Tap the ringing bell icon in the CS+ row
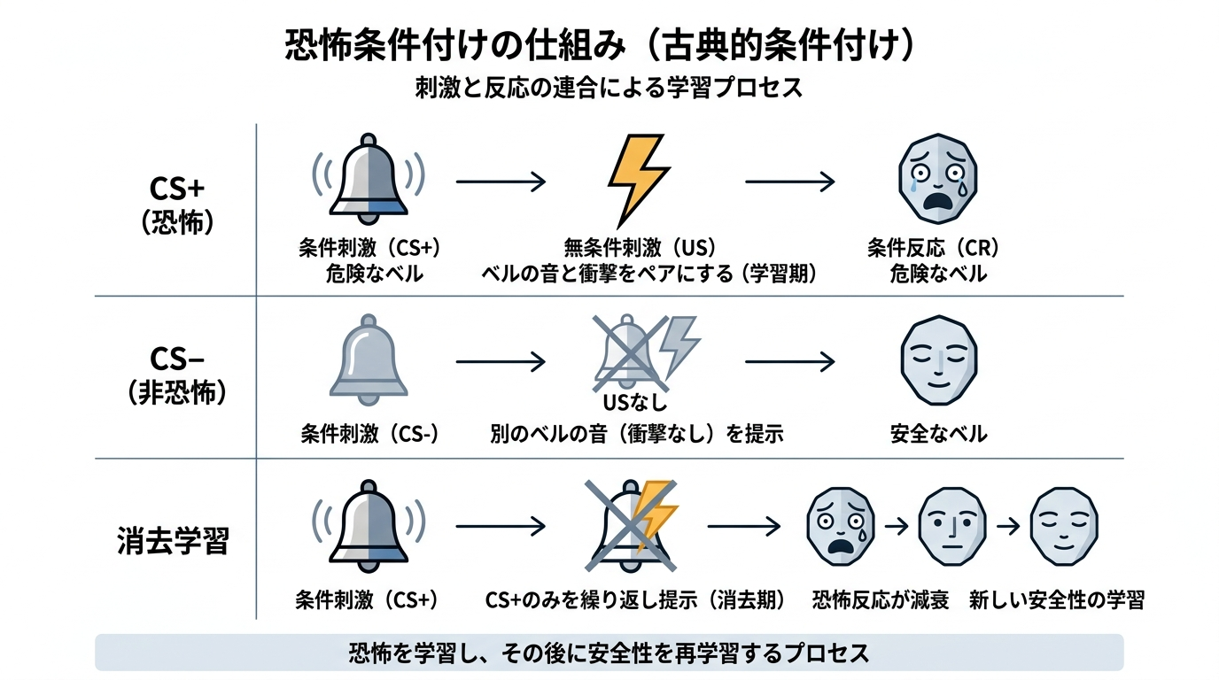[369, 180]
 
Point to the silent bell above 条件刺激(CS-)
[369, 359]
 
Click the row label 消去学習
[173, 541]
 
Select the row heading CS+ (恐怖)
[177, 205]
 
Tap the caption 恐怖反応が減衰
[881, 600]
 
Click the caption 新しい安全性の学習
[1056, 600]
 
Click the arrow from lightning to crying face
[790, 182]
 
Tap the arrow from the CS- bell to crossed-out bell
[501, 361]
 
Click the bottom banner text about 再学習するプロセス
[609, 653]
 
